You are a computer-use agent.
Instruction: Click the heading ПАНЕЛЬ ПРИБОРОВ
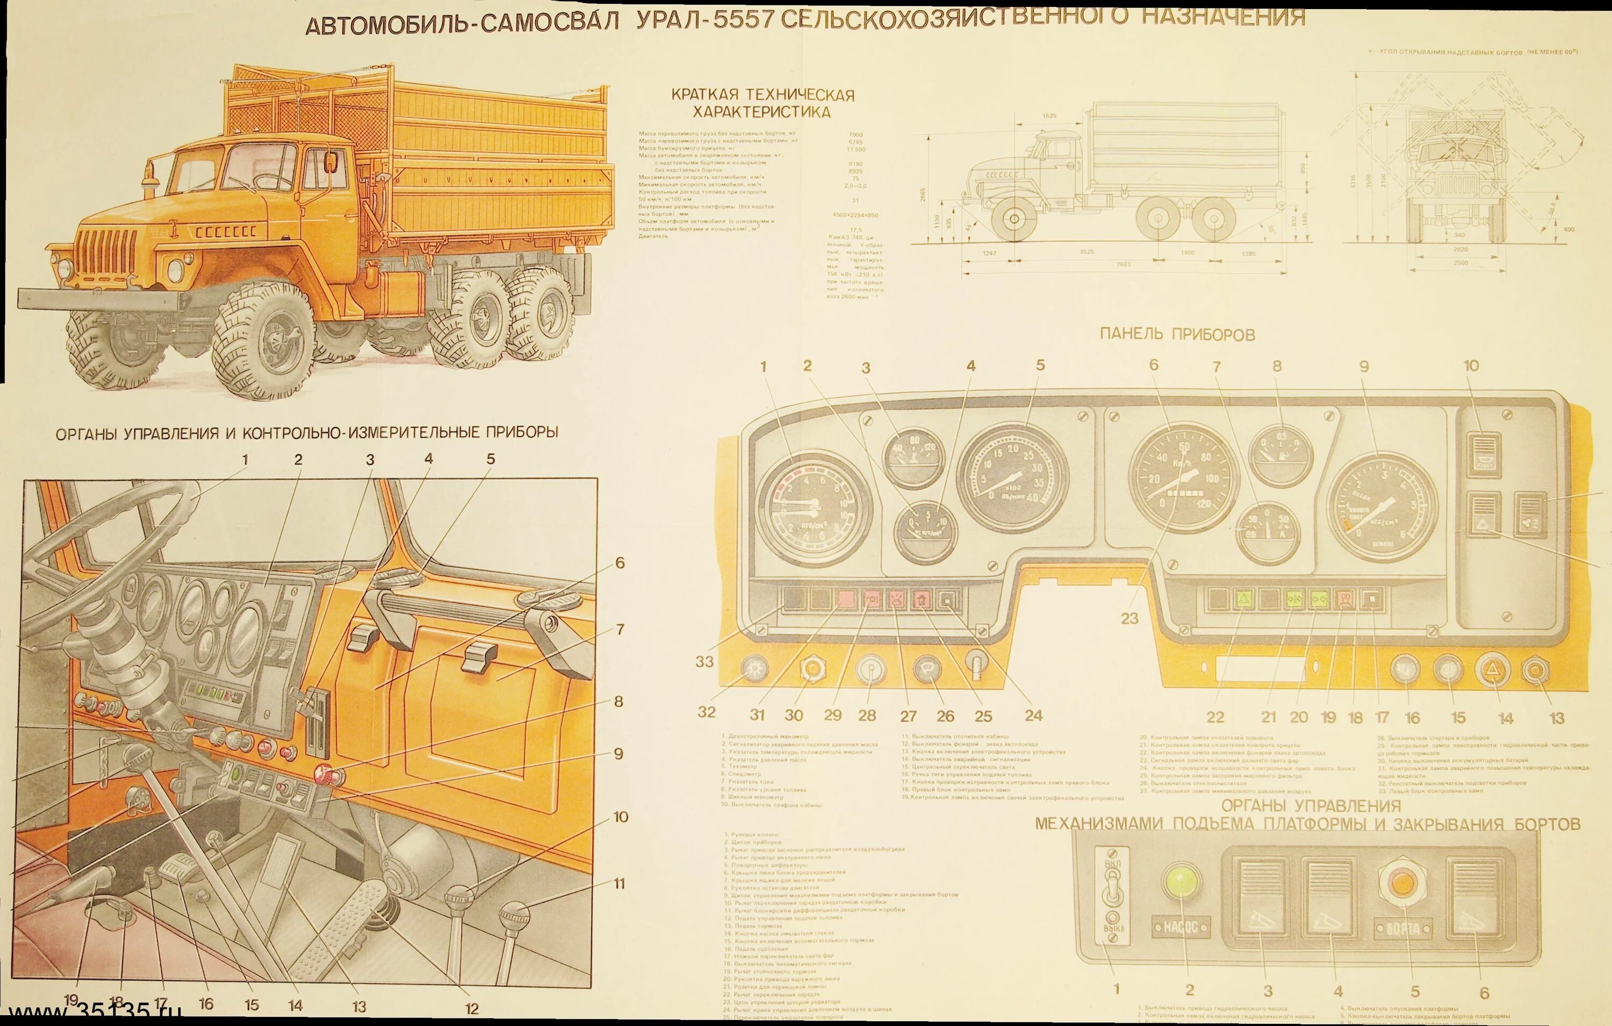[1177, 335]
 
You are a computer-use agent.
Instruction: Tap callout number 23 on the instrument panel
[1130, 618]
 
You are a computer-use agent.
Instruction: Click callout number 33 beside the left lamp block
[705, 662]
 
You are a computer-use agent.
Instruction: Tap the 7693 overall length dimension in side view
[1124, 265]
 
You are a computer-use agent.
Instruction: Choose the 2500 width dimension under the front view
[1460, 263]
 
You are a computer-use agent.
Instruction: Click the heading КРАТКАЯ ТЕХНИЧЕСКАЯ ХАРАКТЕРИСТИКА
[762, 103]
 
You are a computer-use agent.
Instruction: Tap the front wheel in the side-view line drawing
[1013, 218]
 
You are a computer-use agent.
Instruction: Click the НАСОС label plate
[1180, 928]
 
